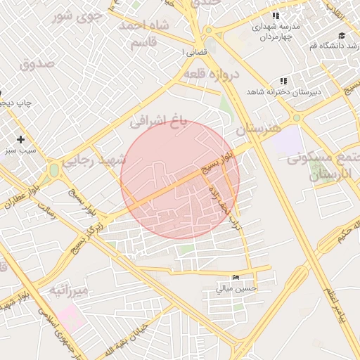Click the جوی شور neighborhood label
pyautogui.click(x=78, y=14)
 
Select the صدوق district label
pyautogui.click(x=37, y=64)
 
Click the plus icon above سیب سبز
pyautogui.click(x=21, y=139)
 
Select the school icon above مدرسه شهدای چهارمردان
pyautogui.click(x=276, y=15)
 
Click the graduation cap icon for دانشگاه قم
pyautogui.click(x=342, y=35)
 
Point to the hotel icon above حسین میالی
pyautogui.click(x=235, y=278)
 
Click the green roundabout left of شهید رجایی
pyautogui.click(x=54, y=170)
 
